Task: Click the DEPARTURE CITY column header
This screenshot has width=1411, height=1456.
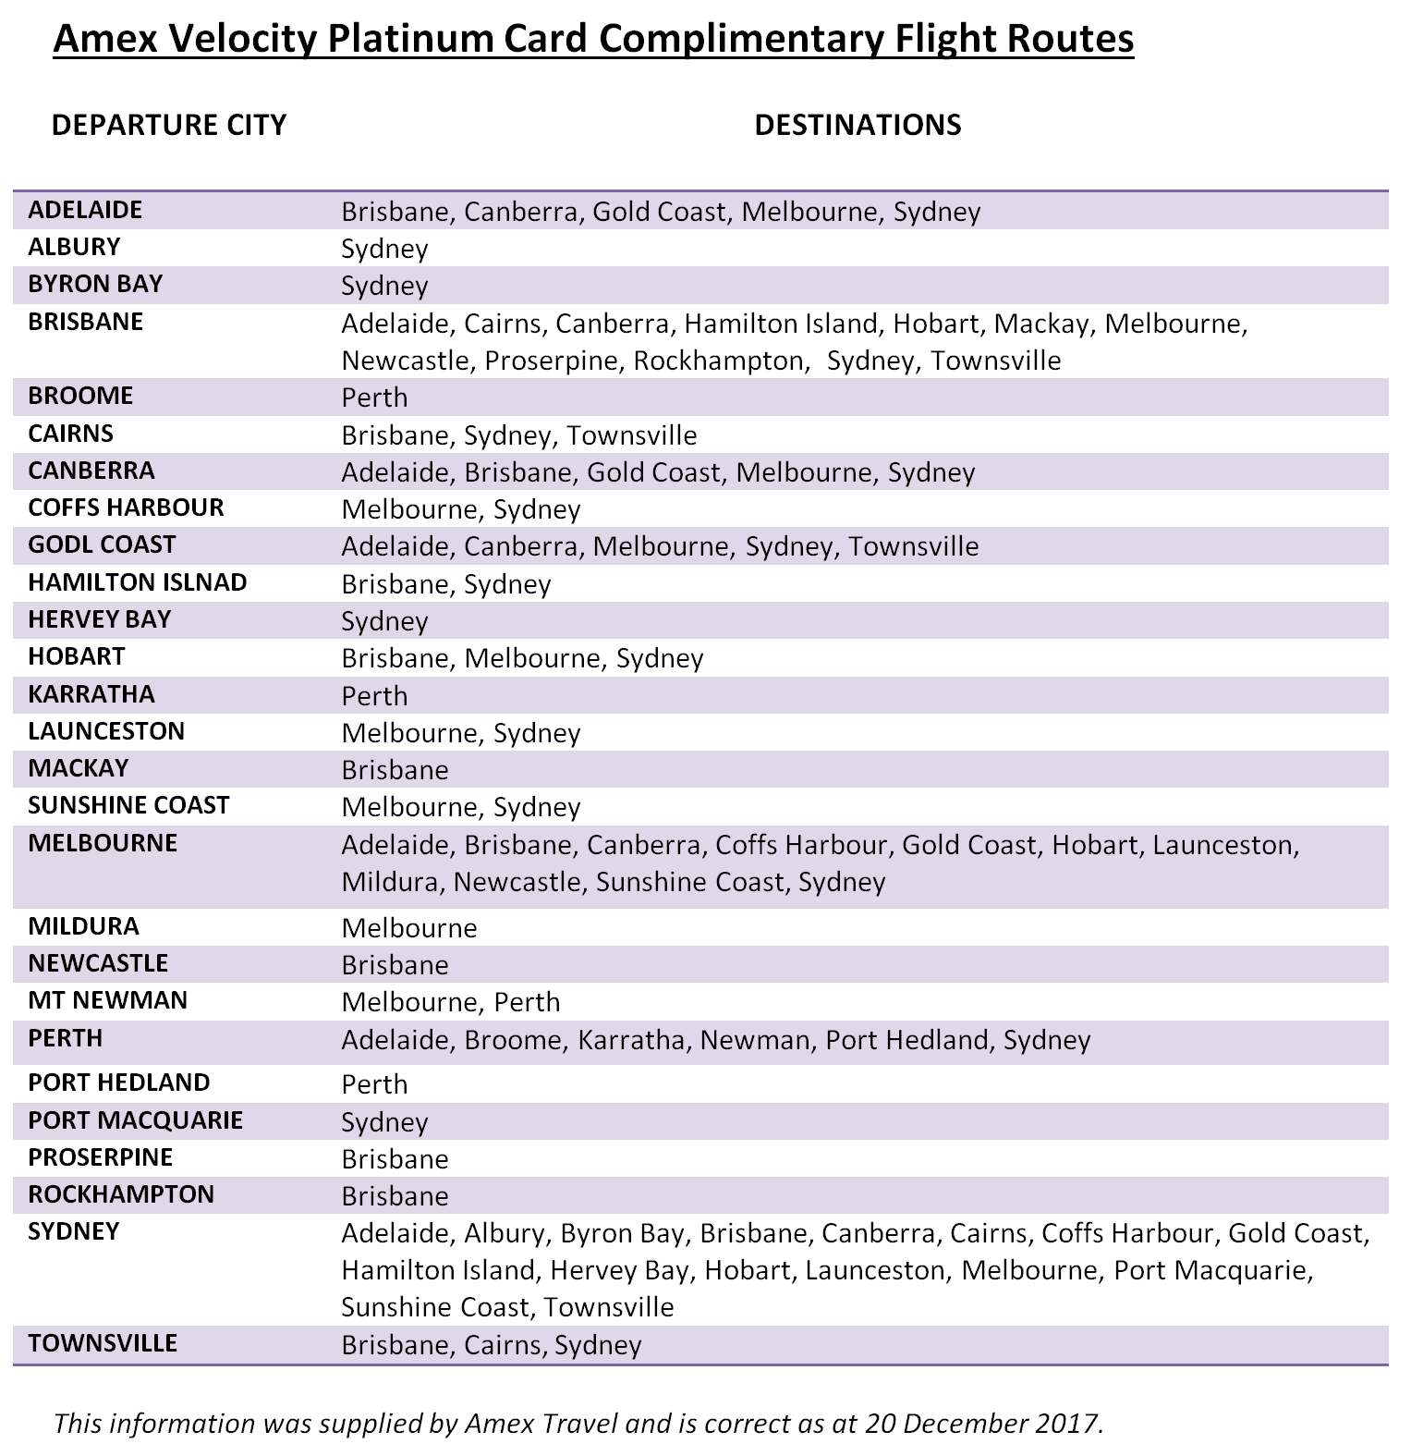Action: point(169,125)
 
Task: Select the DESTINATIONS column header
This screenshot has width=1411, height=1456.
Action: point(858,125)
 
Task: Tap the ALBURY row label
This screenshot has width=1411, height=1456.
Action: point(74,247)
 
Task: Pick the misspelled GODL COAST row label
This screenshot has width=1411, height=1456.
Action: point(102,544)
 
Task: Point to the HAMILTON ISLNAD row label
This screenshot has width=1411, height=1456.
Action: point(138,582)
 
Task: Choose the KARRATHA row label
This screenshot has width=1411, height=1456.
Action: point(91,694)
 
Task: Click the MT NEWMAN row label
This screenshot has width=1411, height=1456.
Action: point(108,1000)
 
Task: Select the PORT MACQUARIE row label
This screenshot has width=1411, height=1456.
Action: point(136,1120)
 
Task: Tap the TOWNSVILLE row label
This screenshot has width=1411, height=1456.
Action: point(103,1343)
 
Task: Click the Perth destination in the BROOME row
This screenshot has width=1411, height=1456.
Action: point(374,398)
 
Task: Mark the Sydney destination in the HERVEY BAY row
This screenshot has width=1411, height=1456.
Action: point(384,621)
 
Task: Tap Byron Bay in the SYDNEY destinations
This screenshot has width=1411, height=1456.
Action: point(623,1233)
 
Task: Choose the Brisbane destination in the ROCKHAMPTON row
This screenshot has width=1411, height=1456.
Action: point(395,1196)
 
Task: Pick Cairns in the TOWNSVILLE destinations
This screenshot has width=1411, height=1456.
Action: point(502,1345)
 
